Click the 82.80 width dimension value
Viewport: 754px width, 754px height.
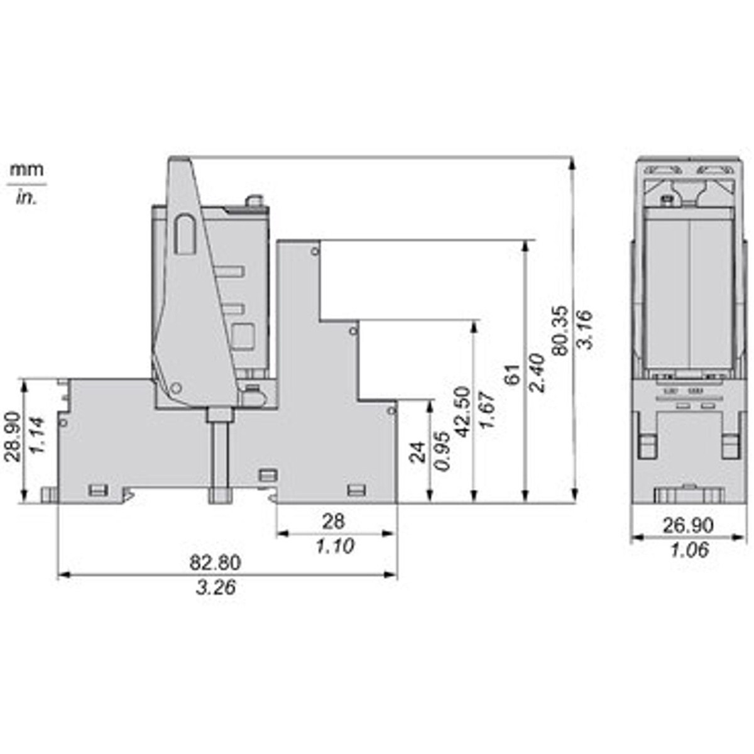(x=215, y=563)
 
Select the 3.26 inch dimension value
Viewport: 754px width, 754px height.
(x=216, y=587)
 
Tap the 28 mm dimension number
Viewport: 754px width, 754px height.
(x=334, y=522)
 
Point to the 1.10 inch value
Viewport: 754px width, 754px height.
(x=335, y=546)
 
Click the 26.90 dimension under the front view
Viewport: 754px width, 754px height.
(x=688, y=525)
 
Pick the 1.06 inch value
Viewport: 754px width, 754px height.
(x=690, y=550)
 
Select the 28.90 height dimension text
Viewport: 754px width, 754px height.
(x=13, y=437)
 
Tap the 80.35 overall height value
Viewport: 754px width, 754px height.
(x=560, y=331)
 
